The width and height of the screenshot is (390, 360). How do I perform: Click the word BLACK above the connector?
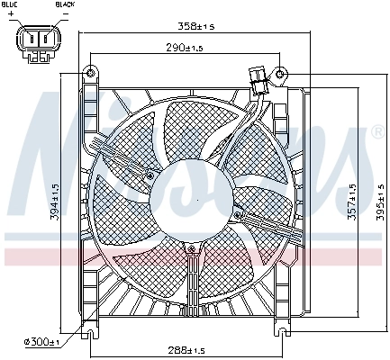pyautogui.click(x=65, y=5)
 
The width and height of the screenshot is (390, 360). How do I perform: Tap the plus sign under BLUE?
pyautogui.click(x=12, y=15)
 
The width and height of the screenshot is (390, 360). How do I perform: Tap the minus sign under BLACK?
pyautogui.click(x=64, y=15)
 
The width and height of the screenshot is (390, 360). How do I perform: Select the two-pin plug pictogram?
pyautogui.click(x=39, y=41)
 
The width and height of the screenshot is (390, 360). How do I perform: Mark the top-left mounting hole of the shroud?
pyautogui.click(x=90, y=72)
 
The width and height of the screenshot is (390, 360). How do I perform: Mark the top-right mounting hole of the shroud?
pyautogui.click(x=281, y=72)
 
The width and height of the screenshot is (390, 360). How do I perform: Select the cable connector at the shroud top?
pyautogui.click(x=258, y=78)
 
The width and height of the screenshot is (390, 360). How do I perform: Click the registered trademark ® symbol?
pyautogui.click(x=376, y=132)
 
